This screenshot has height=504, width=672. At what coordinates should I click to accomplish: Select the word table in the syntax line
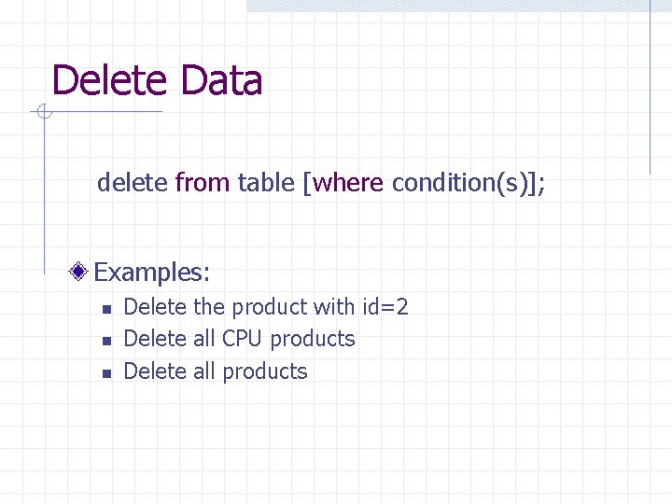pos(266,182)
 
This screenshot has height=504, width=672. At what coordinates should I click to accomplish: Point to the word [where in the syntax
pos(343,182)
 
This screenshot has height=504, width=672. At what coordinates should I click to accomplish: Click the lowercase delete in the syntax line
pos(132,182)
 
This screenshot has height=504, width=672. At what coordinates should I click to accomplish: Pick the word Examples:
pos(152,273)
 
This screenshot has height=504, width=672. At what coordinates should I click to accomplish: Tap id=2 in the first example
pos(385,307)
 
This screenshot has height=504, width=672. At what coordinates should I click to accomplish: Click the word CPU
pos(243,339)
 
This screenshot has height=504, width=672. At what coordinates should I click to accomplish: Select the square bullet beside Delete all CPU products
pos(106,341)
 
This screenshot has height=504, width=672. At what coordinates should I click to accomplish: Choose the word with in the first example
pos(333,307)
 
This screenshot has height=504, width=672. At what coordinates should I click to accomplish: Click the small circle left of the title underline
pos(43,113)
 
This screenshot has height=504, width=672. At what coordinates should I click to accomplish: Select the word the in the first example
pos(209,307)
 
